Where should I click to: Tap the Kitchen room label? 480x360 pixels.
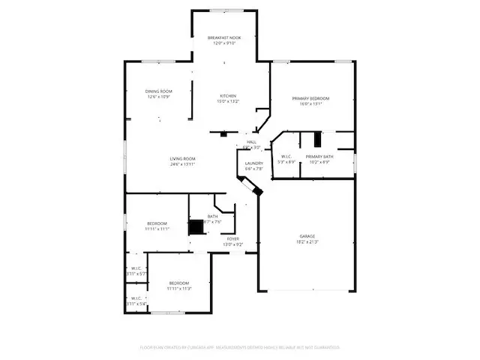pos(228,96)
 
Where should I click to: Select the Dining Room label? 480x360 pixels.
pos(158,91)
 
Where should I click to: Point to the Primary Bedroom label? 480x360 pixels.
pos(310,98)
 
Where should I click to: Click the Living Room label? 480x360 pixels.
pos(182,158)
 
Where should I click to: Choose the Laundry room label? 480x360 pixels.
pos(253,163)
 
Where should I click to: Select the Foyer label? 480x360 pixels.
pos(233,238)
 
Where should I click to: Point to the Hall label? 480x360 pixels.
pos(251,142)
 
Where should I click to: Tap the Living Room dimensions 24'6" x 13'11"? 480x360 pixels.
pos(182,164)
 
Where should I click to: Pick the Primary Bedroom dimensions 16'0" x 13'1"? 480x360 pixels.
pos(310,104)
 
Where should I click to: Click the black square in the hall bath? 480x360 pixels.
pos(196,227)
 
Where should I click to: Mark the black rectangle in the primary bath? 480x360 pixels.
pos(316,139)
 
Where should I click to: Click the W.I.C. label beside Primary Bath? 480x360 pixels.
pos(286,156)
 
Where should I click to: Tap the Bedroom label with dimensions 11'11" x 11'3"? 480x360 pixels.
pos(179,282)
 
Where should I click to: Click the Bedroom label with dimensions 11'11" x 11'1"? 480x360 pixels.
pos(157,223)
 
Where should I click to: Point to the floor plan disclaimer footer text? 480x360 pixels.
pos(240,347)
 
